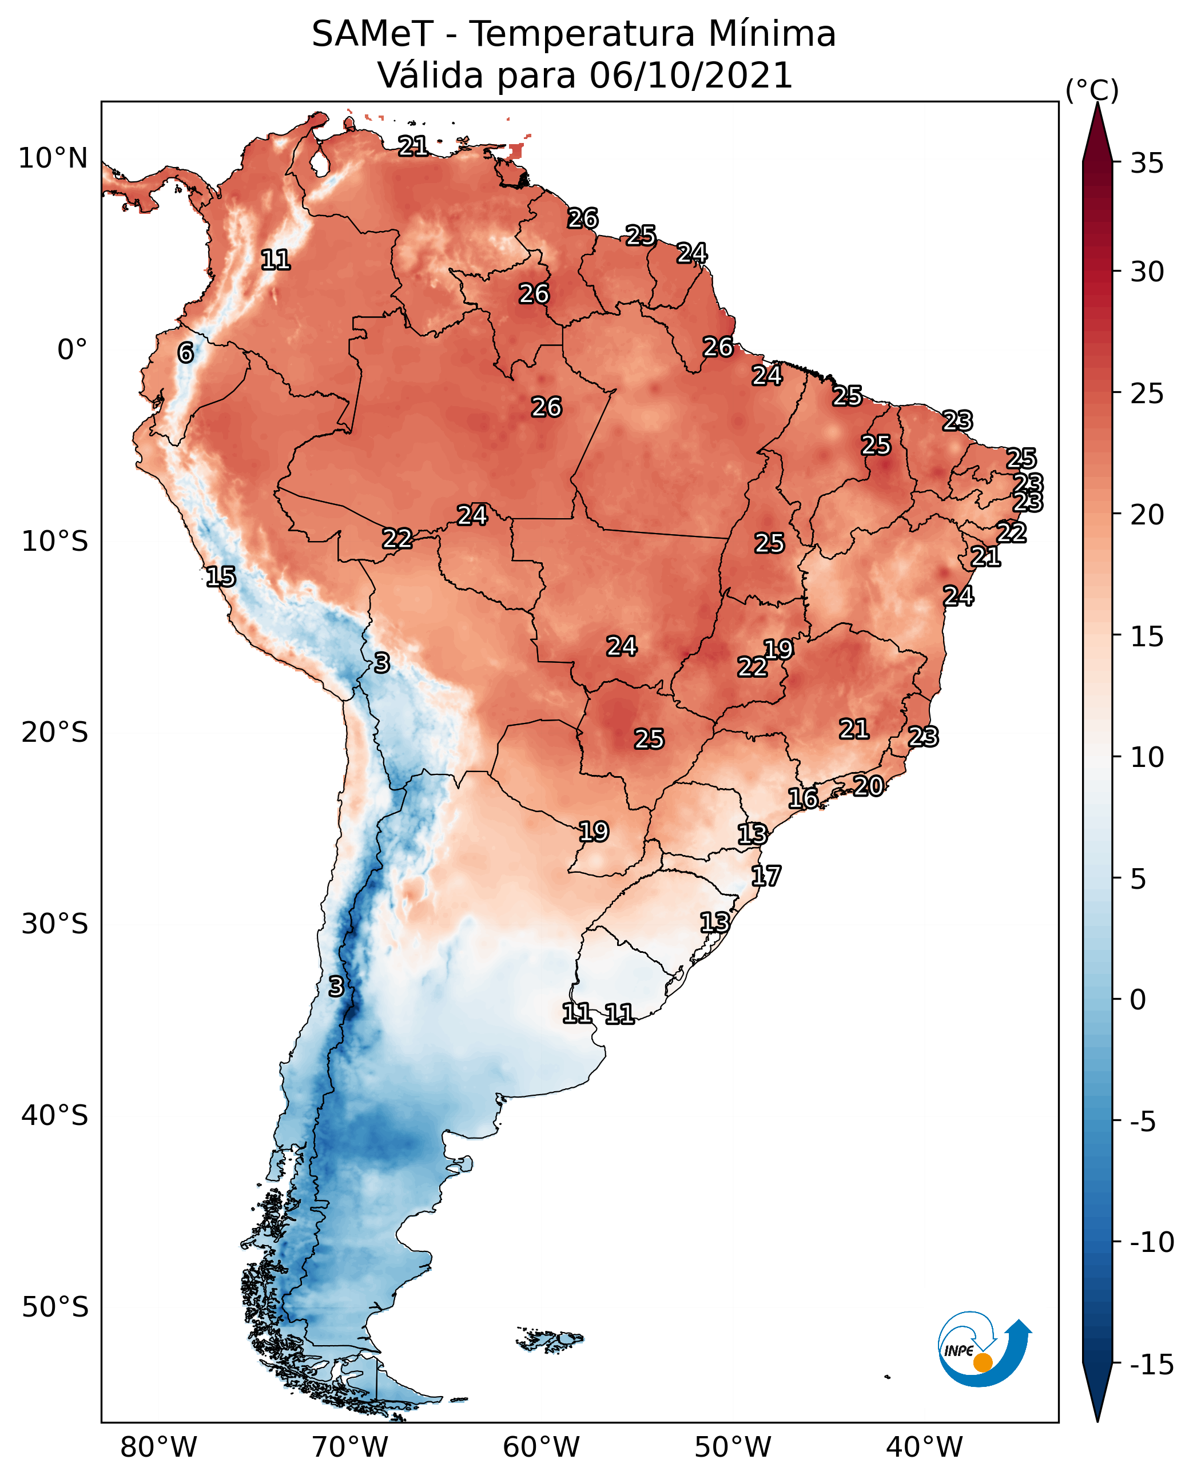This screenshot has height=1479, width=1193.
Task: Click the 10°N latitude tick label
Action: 53,159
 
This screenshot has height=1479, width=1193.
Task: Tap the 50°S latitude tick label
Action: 55,1306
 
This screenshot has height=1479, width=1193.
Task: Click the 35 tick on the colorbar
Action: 1147,164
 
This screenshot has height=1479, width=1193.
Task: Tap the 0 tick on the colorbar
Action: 1138,1000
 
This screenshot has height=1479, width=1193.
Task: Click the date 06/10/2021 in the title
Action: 691,75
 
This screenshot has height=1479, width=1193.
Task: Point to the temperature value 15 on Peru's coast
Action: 221,577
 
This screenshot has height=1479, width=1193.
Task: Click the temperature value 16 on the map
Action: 802,798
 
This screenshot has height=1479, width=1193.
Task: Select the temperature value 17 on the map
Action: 766,876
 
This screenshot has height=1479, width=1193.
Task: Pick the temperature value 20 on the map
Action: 868,786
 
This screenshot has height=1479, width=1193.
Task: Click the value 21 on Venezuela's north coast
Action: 413,146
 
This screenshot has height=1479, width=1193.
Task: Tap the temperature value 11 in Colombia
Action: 276,260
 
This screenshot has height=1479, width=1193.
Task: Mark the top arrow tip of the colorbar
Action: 1097,105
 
